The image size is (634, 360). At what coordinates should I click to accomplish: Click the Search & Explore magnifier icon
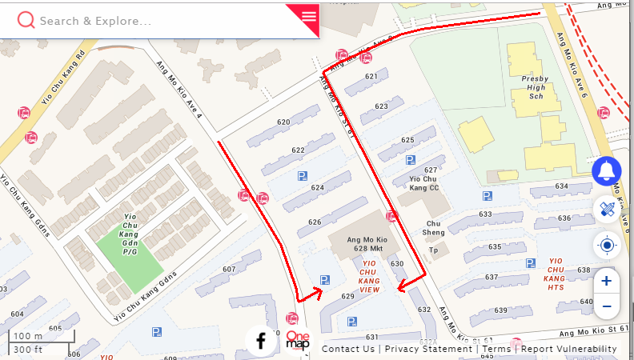[26, 20]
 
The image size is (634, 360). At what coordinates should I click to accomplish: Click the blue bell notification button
[607, 170]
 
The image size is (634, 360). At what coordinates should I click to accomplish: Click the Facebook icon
[261, 342]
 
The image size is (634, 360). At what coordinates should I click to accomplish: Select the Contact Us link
[347, 349]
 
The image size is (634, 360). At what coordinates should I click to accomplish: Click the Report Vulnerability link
[569, 349]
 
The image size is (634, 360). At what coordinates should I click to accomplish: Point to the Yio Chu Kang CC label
[424, 184]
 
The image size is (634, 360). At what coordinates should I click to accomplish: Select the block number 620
[283, 122]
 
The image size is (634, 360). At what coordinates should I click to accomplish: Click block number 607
[230, 269]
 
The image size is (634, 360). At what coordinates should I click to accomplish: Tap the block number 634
[561, 186]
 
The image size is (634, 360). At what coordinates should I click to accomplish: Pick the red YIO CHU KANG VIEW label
[370, 276]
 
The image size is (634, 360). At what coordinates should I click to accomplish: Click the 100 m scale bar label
[28, 336]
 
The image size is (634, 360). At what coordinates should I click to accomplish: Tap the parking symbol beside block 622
[302, 176]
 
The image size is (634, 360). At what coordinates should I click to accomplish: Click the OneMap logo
[298, 342]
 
